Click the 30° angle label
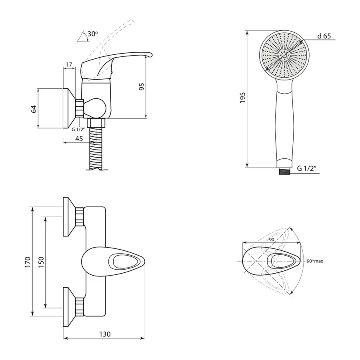[92, 34]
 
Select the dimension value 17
[69, 65]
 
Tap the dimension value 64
[34, 109]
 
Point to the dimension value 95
[142, 86]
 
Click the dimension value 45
[79, 139]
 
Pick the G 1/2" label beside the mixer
[78, 130]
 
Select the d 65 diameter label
[324, 36]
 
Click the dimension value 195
[242, 98]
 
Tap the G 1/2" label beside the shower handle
[307, 168]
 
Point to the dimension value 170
[28, 262]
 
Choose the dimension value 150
[41, 262]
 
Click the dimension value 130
[105, 334]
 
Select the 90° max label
[315, 261]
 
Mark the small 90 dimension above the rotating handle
[272, 240]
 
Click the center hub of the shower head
[284, 55]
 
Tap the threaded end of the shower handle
[285, 171]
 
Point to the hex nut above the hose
[96, 123]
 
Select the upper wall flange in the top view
[69, 216]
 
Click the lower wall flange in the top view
[69, 307]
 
